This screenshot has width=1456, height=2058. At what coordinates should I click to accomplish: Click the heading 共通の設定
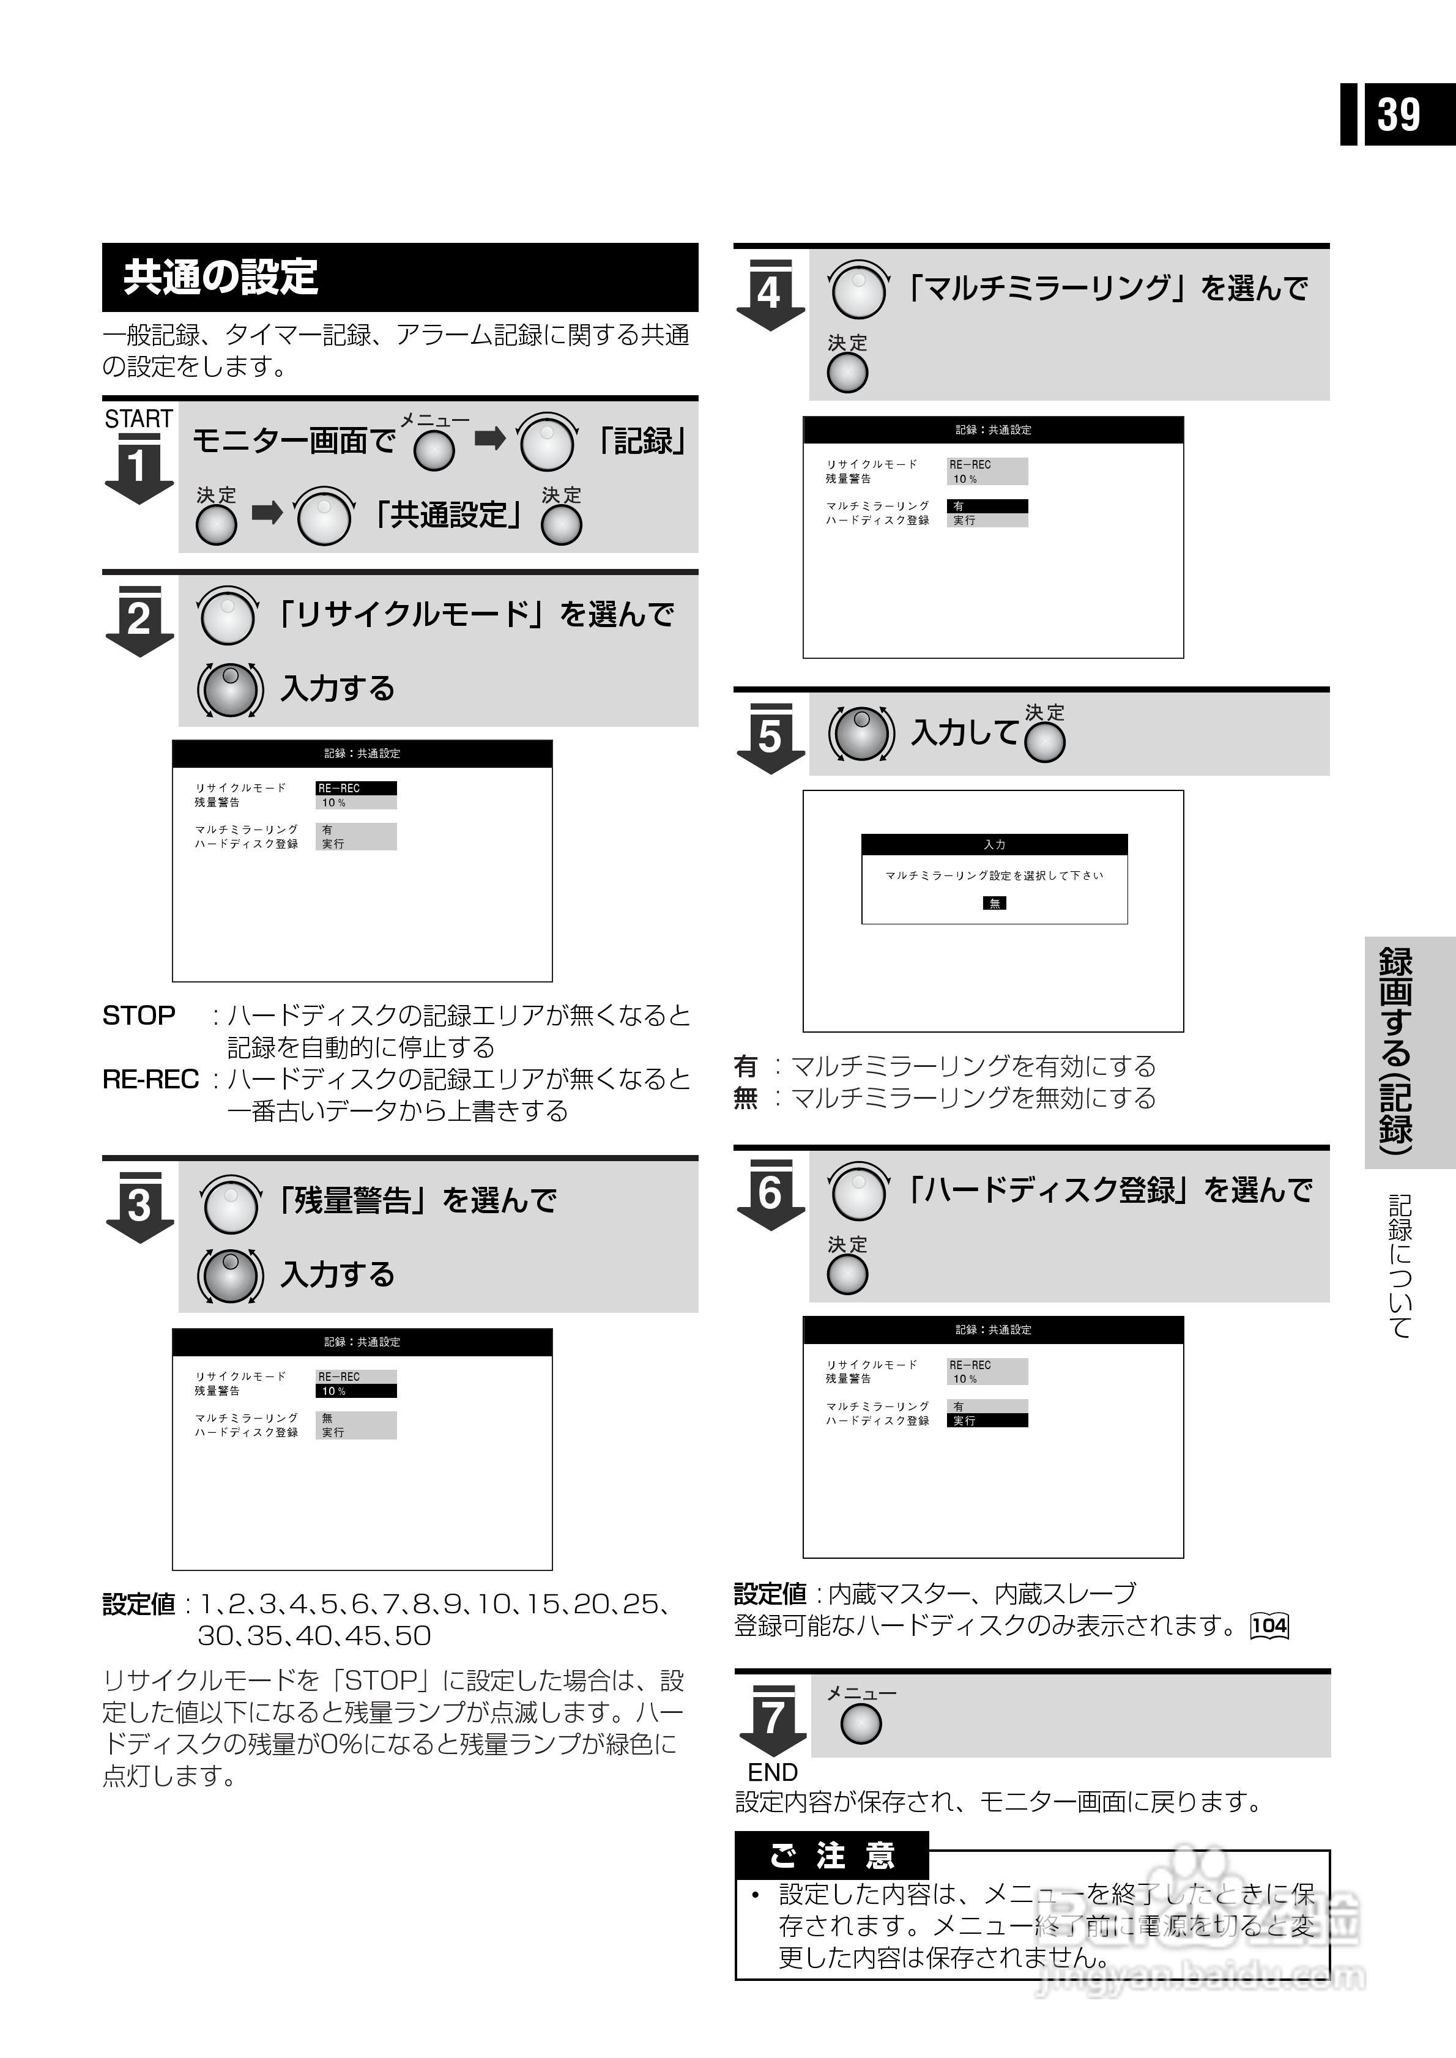(221, 277)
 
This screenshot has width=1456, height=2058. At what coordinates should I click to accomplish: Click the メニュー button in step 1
(434, 450)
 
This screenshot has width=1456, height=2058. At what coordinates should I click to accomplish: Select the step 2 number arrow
(139, 620)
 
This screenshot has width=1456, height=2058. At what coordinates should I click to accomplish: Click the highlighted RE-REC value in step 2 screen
(356, 788)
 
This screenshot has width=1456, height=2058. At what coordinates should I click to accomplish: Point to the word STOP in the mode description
(138, 1016)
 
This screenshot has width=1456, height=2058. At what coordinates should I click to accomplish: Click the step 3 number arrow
(139, 1206)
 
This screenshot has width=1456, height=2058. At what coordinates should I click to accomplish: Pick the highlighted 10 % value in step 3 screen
(356, 1391)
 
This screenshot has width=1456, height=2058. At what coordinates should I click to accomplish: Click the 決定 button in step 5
(1044, 742)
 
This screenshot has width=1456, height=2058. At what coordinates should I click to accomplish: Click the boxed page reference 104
(1269, 1625)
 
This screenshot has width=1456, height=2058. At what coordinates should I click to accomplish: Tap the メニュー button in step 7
(861, 1723)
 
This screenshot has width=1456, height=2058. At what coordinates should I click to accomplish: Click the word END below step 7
(772, 1772)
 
